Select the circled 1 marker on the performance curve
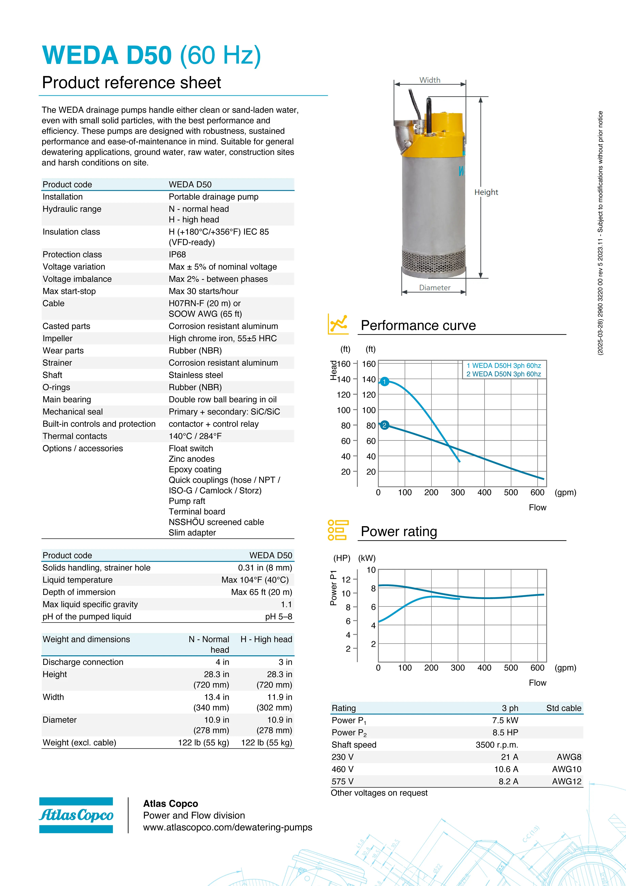(384, 382)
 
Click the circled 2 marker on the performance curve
(384, 425)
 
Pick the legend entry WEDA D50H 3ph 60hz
(503, 365)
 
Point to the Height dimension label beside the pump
(486, 192)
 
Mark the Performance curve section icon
(338, 324)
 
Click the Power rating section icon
(338, 530)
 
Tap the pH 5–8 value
(278, 617)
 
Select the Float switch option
(191, 448)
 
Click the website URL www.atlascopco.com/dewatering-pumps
(227, 827)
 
